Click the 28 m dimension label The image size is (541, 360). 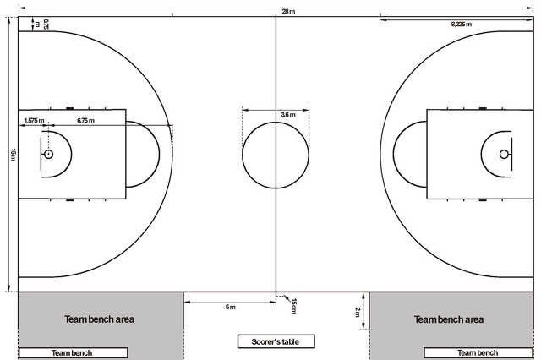288,11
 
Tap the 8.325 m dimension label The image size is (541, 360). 462,25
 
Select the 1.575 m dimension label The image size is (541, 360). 34,120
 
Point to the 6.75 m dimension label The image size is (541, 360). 85,120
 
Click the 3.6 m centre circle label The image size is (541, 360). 288,114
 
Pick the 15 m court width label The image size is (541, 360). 13,154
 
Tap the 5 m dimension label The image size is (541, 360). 231,307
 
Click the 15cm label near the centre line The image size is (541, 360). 294,306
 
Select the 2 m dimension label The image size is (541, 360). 358,312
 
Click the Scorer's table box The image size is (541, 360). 276,341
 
